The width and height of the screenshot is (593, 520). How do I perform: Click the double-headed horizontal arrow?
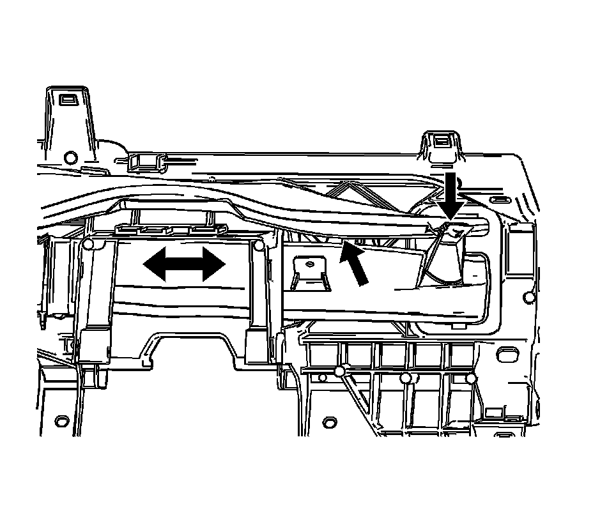point(184,264)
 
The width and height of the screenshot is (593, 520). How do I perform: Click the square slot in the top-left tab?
point(66,100)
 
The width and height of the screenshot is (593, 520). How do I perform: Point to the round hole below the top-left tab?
point(71,157)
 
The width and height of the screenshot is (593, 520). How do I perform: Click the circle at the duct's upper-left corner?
point(88,245)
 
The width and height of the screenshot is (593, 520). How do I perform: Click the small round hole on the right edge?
point(528,296)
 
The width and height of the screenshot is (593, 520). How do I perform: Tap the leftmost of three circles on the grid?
point(340,372)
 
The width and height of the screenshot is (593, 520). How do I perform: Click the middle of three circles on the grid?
point(405,379)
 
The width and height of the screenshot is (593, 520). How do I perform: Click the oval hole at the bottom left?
point(62,421)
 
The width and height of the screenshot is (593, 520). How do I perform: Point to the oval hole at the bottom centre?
point(330,422)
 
